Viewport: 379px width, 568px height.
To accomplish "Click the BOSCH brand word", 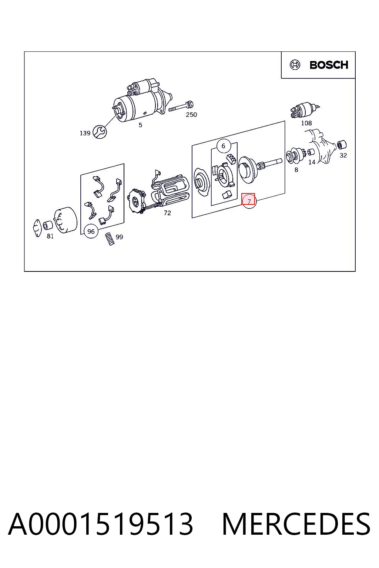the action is [x=329, y=65].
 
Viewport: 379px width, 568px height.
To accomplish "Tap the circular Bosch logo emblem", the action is [x=295, y=65].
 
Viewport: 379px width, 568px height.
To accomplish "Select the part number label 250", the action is [x=191, y=115].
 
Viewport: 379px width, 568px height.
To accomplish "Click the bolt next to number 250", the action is [x=181, y=107].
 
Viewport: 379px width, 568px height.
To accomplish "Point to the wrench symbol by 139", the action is [x=100, y=132].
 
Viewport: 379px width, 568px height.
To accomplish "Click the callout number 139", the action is [x=85, y=133].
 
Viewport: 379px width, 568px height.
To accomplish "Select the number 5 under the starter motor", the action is [x=140, y=125].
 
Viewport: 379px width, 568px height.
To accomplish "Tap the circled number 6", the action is [x=224, y=146].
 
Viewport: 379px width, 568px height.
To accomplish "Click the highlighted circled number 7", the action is [x=249, y=201].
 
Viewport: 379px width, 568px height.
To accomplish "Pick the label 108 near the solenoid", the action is [x=306, y=123].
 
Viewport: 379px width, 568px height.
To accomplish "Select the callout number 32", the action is [x=343, y=155].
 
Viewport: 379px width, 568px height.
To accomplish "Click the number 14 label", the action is [x=312, y=162].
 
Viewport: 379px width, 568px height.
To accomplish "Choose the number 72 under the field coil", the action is [x=167, y=213].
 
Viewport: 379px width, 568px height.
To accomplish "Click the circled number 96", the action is [x=91, y=231].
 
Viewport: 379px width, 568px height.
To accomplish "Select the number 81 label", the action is [x=50, y=236].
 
